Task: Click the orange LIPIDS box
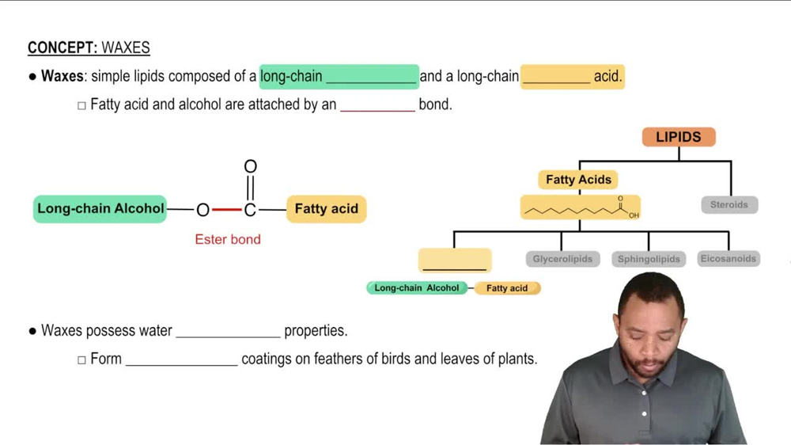(679, 137)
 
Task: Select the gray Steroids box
(729, 205)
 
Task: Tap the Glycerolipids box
(562, 259)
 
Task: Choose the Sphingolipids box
(649, 259)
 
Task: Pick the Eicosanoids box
(729, 259)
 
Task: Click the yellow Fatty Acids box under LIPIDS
(578, 180)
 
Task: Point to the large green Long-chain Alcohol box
(100, 209)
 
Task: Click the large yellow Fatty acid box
(326, 209)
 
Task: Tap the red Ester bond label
(228, 239)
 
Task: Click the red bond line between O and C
(226, 210)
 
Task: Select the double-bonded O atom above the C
(250, 167)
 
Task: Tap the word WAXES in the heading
(126, 48)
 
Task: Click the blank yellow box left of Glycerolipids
(455, 260)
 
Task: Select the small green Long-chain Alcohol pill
(417, 288)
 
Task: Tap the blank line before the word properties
(228, 332)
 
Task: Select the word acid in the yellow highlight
(607, 77)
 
